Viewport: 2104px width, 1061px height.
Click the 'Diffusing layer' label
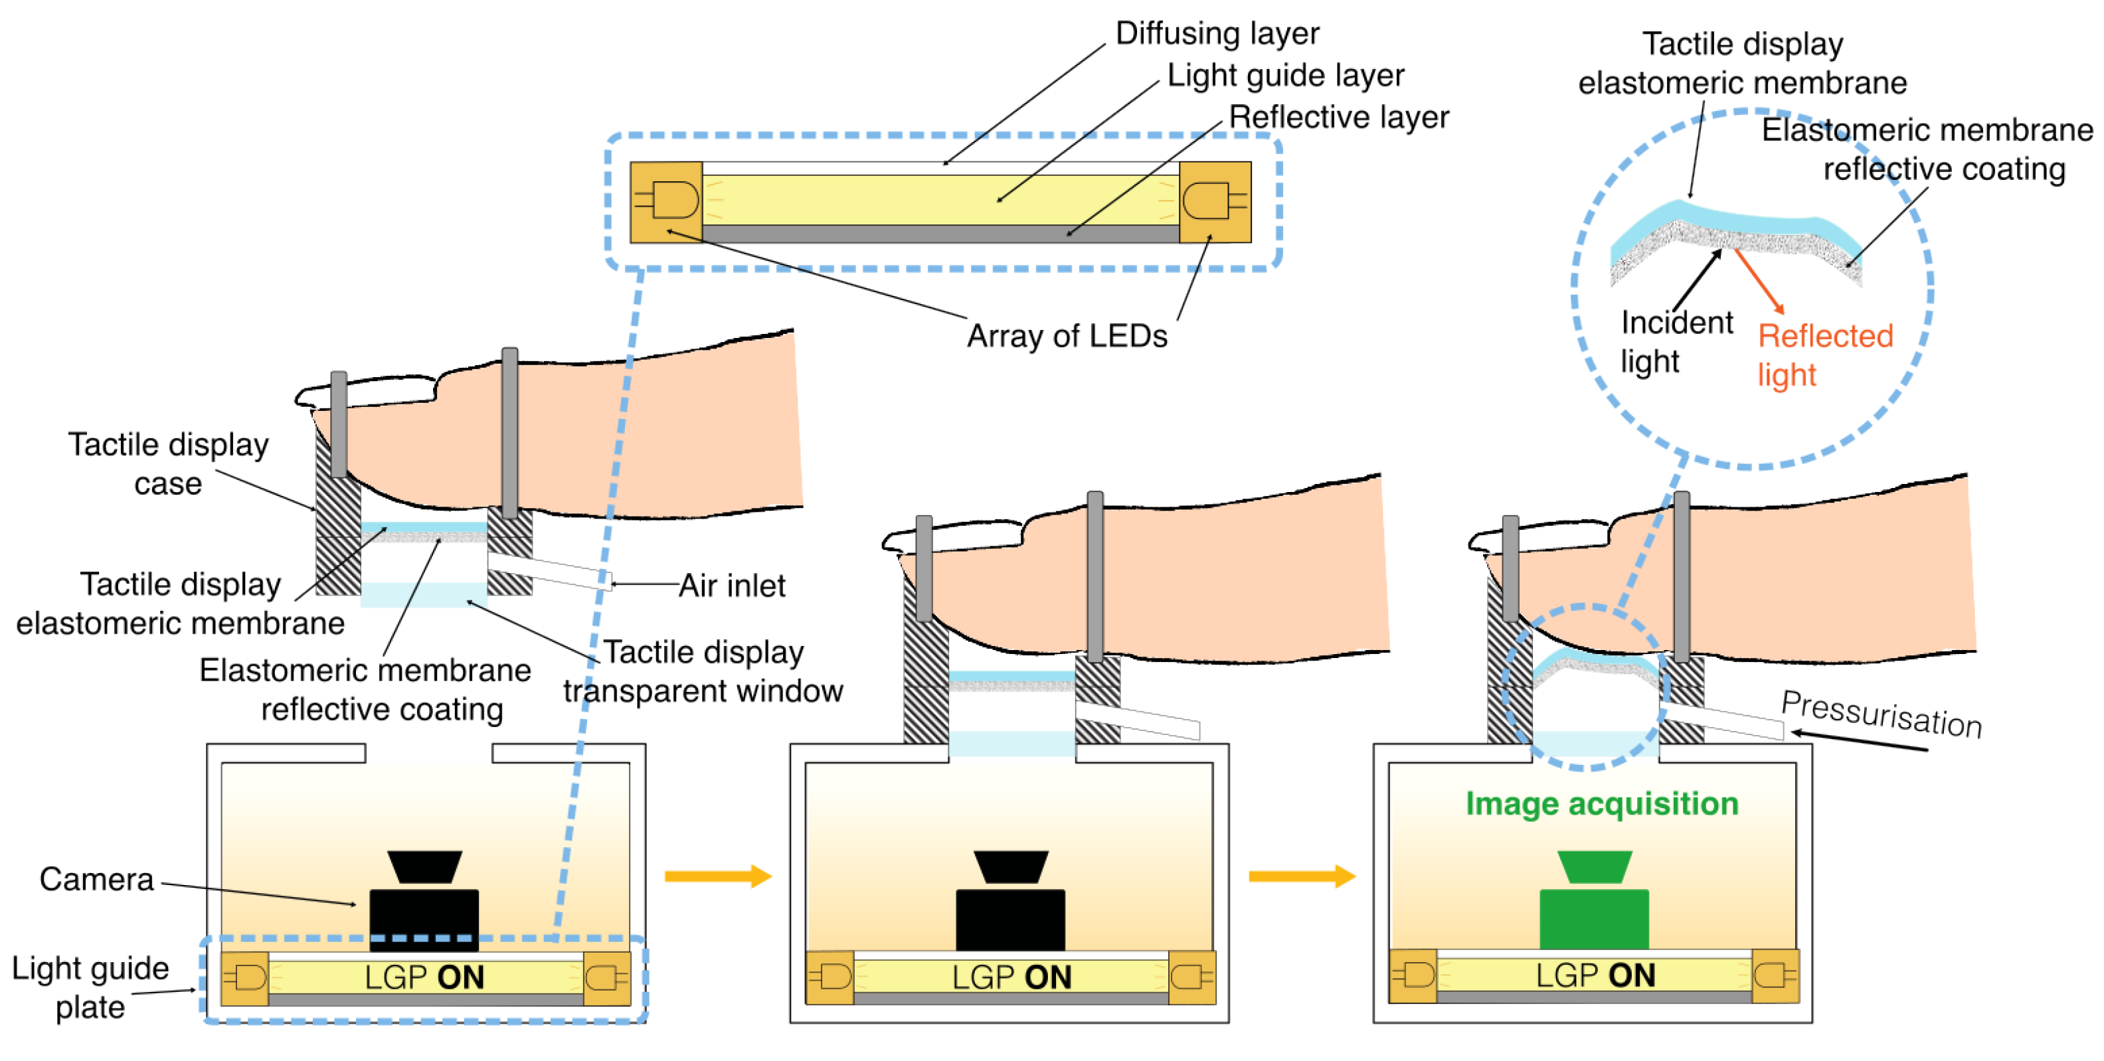coord(1217,33)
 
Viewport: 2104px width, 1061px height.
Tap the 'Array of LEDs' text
coord(1067,336)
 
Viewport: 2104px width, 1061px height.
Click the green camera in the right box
coord(1593,906)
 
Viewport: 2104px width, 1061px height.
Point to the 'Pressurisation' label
coord(1881,714)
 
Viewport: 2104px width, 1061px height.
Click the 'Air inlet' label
coord(732,586)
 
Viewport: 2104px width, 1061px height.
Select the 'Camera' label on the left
coord(96,880)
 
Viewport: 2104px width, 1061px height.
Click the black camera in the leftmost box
coord(424,906)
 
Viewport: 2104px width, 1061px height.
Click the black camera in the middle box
coord(1010,906)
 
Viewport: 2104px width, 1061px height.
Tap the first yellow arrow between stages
coord(717,876)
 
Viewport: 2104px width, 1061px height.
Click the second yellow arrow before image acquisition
coord(1301,876)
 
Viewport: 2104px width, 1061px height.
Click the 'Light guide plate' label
coord(90,987)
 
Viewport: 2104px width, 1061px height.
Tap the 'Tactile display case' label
coord(167,464)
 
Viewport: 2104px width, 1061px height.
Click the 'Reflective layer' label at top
coord(1338,117)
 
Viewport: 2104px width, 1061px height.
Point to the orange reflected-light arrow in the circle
coord(1759,281)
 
